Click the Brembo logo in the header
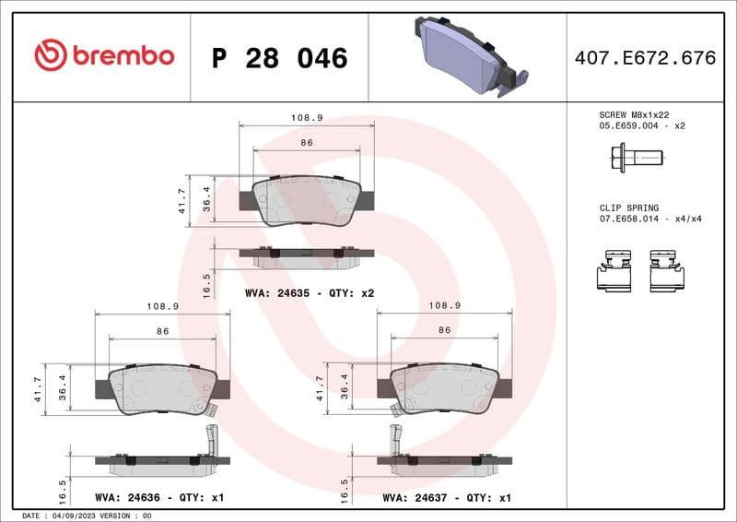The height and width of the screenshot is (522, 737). [x=103, y=56]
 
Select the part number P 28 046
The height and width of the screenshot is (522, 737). [x=279, y=58]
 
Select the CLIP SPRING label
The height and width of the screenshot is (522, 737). [x=624, y=208]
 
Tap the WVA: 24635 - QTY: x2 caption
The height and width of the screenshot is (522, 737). [x=309, y=292]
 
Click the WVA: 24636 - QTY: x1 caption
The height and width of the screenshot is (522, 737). [x=159, y=497]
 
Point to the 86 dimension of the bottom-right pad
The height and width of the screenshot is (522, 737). [x=444, y=330]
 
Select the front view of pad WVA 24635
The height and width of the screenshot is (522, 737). [x=306, y=201]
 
